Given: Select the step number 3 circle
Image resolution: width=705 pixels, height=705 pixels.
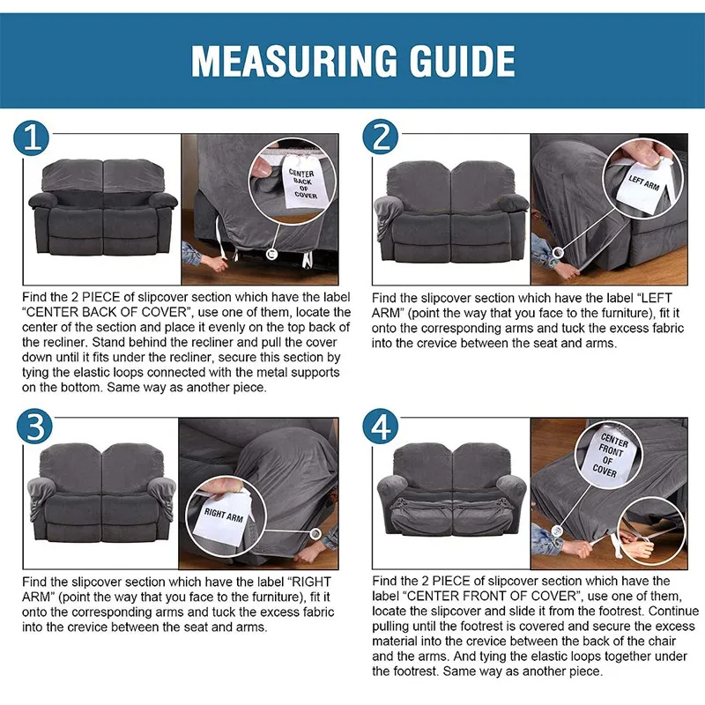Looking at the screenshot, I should tap(33, 427).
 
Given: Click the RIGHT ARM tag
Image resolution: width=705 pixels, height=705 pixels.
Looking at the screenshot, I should tap(224, 515).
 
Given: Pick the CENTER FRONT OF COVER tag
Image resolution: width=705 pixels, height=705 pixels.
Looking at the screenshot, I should tap(608, 455).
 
